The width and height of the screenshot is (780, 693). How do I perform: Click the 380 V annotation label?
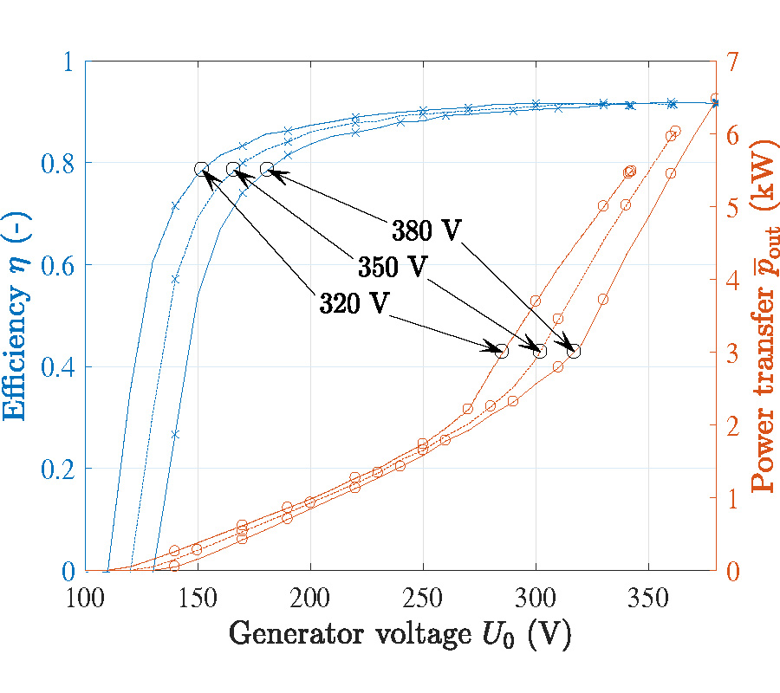coord(426,231)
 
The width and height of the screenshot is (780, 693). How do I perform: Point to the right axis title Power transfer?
coord(763,317)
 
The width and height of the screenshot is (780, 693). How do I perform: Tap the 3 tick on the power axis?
coord(733,353)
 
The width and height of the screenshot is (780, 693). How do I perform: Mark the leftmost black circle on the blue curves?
coord(201,169)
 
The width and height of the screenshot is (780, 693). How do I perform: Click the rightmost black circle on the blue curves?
coord(267,169)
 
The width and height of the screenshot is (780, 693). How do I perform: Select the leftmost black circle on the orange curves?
coord(502,351)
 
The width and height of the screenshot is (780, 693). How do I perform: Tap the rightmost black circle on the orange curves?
coord(574,351)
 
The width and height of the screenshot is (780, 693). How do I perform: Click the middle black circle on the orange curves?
coord(540,351)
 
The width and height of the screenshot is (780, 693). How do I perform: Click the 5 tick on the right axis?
coord(733,207)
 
